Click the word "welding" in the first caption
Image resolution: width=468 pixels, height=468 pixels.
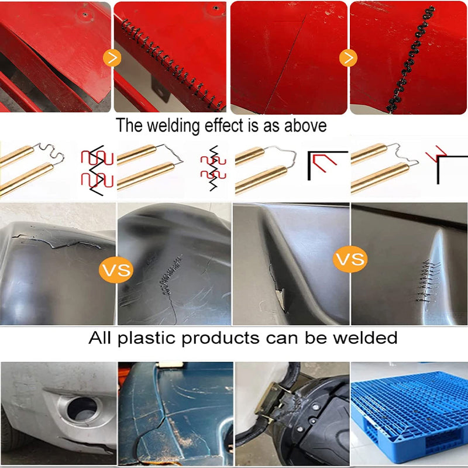pyautogui.click(x=173, y=125)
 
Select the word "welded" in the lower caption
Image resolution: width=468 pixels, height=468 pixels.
pyautogui.click(x=365, y=338)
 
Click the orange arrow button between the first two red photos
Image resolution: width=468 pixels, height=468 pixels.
pyautogui.click(x=112, y=58)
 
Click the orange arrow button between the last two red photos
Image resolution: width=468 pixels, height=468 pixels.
pyautogui.click(x=348, y=57)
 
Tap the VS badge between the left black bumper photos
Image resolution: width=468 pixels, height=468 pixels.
pyautogui.click(x=116, y=270)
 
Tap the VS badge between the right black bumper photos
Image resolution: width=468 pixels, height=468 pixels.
pyautogui.click(x=350, y=259)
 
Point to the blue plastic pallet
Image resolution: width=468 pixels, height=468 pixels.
pyautogui.click(x=409, y=414)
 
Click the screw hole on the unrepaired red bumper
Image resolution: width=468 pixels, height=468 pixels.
pyautogui.click(x=85, y=14)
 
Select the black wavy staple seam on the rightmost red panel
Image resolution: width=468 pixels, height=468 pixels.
pyautogui.click(x=411, y=59)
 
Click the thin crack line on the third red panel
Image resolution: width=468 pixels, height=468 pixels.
pyautogui.click(x=285, y=64)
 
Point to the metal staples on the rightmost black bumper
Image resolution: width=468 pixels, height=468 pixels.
pyautogui.click(x=429, y=281)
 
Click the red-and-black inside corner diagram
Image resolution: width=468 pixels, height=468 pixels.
pyautogui.click(x=327, y=166)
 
